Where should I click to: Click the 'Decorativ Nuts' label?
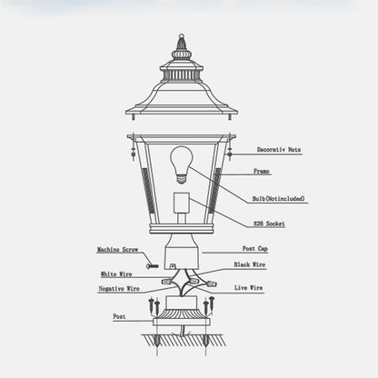click(x=279, y=150)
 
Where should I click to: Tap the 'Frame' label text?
click(x=262, y=171)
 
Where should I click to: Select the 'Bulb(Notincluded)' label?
click(x=279, y=199)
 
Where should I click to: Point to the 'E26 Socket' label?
click(x=269, y=224)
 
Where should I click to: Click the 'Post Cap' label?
click(x=255, y=249)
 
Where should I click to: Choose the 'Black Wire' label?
click(x=250, y=264)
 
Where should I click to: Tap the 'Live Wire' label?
click(x=249, y=288)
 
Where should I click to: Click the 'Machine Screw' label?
click(x=117, y=250)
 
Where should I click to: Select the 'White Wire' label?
click(x=116, y=274)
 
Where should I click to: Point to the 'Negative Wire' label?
click(x=119, y=289)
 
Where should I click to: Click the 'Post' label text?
click(x=119, y=316)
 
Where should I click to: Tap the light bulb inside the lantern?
click(x=182, y=164)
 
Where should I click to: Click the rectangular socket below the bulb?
click(x=182, y=204)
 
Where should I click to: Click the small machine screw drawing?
click(x=153, y=266)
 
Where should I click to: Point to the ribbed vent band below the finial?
click(x=182, y=75)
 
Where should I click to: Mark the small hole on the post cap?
click(x=173, y=266)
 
